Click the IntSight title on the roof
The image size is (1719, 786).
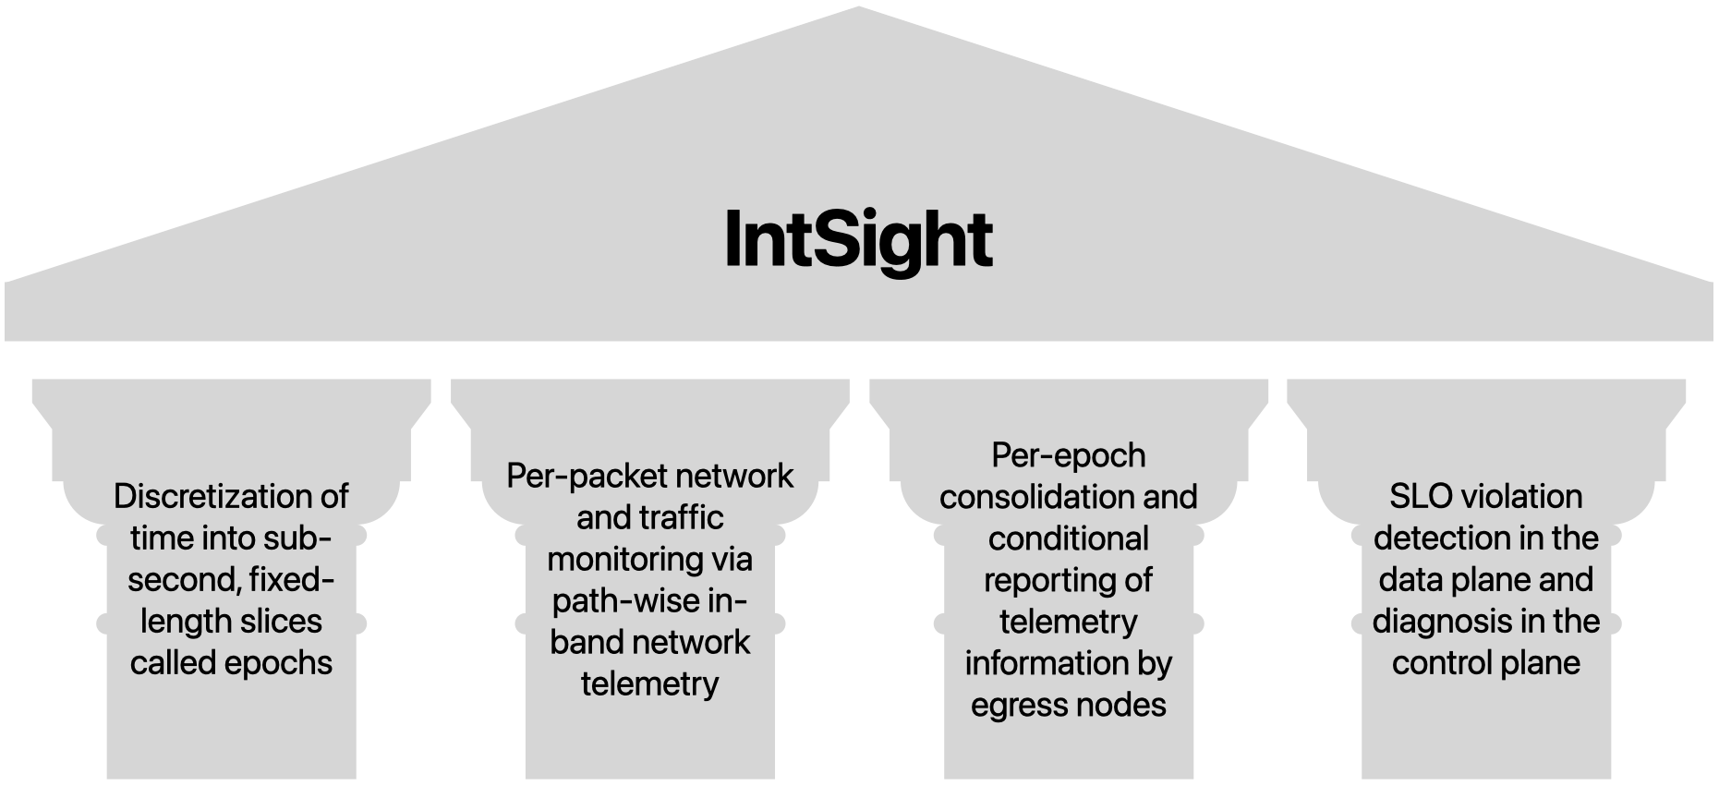click(858, 238)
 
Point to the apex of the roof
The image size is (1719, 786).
click(858, 9)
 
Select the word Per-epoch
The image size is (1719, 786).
click(1068, 454)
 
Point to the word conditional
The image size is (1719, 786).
click(1068, 538)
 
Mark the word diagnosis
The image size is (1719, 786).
click(1441, 621)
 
